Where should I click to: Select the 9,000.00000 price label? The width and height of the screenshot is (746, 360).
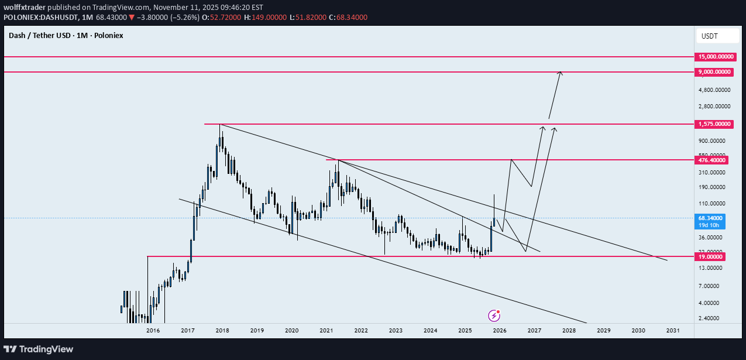pyautogui.click(x=714, y=71)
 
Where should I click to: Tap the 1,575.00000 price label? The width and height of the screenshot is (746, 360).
pyautogui.click(x=714, y=124)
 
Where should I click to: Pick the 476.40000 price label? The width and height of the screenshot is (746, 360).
pyautogui.click(x=711, y=160)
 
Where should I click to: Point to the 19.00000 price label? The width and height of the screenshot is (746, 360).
pyautogui.click(x=710, y=256)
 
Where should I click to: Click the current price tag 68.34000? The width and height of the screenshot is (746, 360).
pyautogui.click(x=710, y=218)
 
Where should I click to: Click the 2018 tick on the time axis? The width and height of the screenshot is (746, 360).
pyautogui.click(x=222, y=330)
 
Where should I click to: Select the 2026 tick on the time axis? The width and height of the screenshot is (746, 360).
pyautogui.click(x=500, y=330)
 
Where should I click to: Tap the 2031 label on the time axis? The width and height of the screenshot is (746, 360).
pyautogui.click(x=673, y=330)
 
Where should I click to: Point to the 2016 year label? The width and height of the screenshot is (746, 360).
pyautogui.click(x=153, y=330)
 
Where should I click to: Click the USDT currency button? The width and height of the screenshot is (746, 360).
pyautogui.click(x=710, y=36)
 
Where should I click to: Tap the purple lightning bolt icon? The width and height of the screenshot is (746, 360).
pyautogui.click(x=494, y=316)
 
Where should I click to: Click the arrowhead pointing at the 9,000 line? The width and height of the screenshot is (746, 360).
pyautogui.click(x=561, y=73)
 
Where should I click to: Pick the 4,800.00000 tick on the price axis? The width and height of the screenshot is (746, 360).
pyautogui.click(x=713, y=90)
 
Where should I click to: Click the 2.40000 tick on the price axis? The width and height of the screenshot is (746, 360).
pyautogui.click(x=709, y=318)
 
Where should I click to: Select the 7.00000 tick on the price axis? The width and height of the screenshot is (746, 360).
pyautogui.click(x=709, y=286)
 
